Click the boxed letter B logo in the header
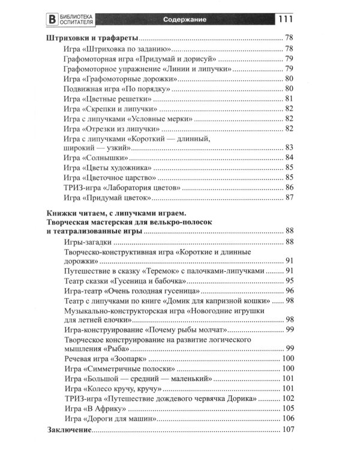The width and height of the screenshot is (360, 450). [53, 19]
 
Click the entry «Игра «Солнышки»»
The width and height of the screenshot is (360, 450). [96, 157]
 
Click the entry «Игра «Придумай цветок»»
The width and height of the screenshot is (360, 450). [106, 198]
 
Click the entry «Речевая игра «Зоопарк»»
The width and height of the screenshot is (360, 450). [106, 359]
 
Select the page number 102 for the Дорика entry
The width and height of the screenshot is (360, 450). [286, 399]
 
